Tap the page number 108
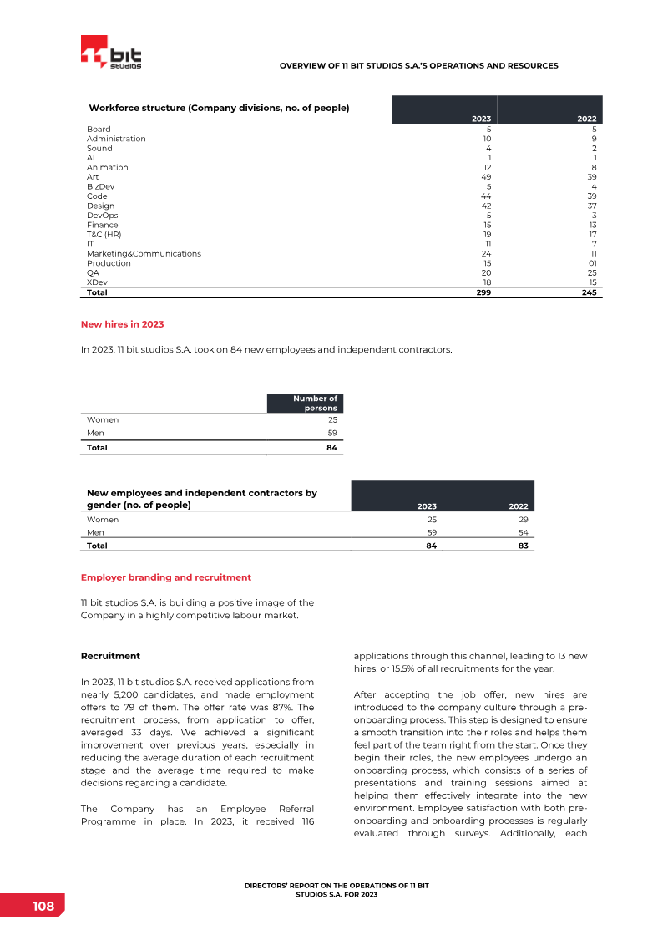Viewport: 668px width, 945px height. (x=43, y=907)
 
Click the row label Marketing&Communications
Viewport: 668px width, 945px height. (x=144, y=253)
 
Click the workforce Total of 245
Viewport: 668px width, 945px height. (x=590, y=292)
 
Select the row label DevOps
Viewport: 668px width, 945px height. (x=102, y=216)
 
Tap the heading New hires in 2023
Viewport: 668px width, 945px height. (x=122, y=323)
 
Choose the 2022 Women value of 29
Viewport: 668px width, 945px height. (x=523, y=520)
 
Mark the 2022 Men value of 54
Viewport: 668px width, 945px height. (x=523, y=532)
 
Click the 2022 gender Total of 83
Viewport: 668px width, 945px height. (x=522, y=546)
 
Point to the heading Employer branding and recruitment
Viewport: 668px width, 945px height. (x=165, y=577)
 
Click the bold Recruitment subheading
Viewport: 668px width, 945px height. (x=110, y=656)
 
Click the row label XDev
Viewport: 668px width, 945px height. (x=97, y=282)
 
